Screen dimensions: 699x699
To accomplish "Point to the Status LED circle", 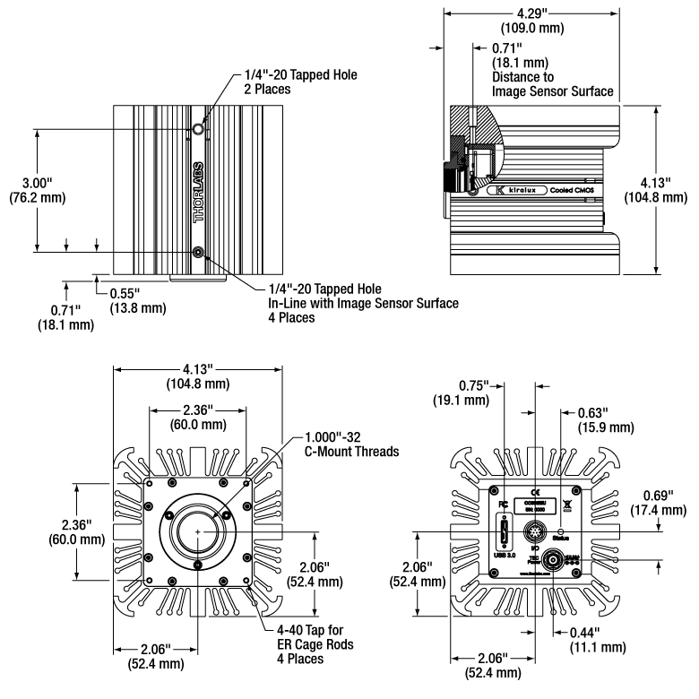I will tap(561, 531).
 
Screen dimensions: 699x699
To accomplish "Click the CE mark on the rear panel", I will tap(535, 491).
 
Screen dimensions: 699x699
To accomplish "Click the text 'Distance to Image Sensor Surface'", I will tap(552, 84).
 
